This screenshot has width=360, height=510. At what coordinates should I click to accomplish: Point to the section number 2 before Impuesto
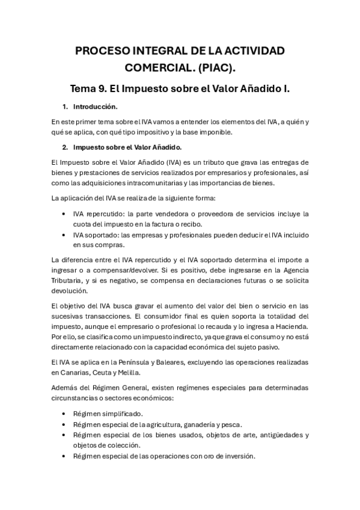(x=65, y=147)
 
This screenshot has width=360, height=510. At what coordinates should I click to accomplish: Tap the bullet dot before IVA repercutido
(x=65, y=214)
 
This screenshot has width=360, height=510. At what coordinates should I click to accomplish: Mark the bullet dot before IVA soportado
(x=65, y=235)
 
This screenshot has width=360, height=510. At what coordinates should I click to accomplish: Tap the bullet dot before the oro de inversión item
(x=65, y=456)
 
